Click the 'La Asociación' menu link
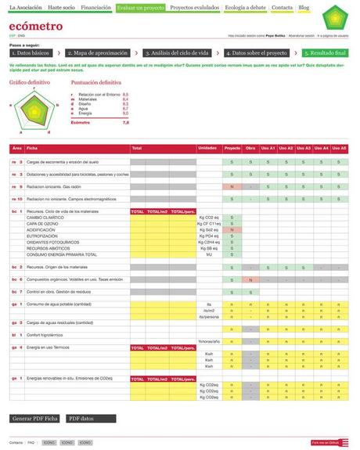pos(25,7)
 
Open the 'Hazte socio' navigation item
pos(61,7)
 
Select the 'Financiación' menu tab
pos(95,7)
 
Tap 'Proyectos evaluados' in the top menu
pos(193,7)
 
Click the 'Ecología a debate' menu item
pos(246,7)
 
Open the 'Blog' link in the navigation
pos(304,7)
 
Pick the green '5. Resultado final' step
pos(326,53)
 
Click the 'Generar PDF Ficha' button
pos(35,419)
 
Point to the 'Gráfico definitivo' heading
pos(30,81)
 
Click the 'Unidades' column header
pos(207,148)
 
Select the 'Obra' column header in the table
pos(250,148)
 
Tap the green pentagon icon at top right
pos(334,16)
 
